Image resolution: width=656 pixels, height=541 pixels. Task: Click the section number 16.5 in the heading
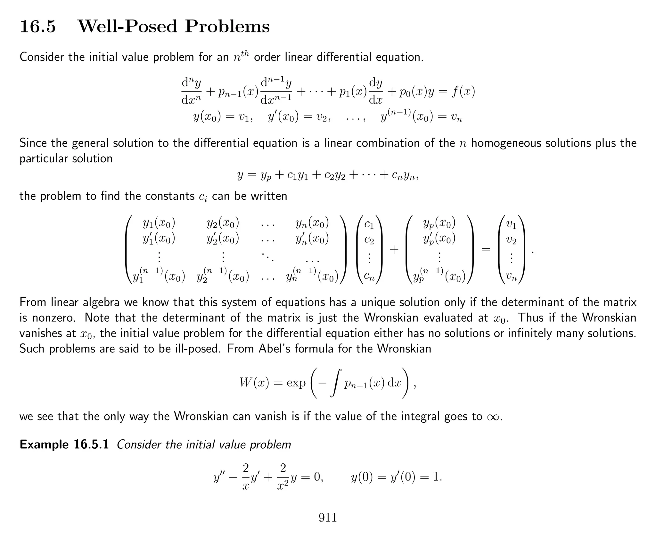38,26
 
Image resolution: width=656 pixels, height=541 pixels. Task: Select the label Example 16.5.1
64,444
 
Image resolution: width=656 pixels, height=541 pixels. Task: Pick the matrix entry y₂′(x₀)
223,239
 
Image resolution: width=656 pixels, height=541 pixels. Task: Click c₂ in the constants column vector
369,240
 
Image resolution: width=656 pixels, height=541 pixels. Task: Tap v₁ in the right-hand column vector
511,224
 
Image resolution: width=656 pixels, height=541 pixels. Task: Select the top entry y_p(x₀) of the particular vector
439,223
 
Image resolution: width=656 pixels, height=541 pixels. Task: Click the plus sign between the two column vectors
394,249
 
